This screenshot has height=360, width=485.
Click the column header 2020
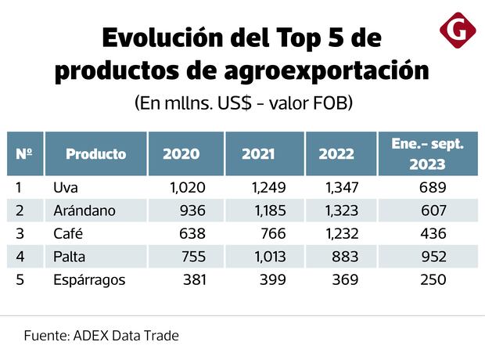(x=181, y=154)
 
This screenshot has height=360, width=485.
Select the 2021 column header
(x=258, y=154)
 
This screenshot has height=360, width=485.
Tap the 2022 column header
(x=336, y=154)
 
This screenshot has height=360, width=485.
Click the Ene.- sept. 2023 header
(x=427, y=154)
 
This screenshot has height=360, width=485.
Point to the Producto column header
(x=95, y=154)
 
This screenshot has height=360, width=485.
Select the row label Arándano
(x=84, y=211)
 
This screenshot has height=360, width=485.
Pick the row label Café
(x=68, y=233)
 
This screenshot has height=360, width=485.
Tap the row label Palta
(x=70, y=256)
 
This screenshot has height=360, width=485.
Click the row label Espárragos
(x=89, y=279)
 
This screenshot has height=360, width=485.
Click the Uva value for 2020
(x=187, y=188)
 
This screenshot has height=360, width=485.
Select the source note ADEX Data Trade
(x=125, y=336)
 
